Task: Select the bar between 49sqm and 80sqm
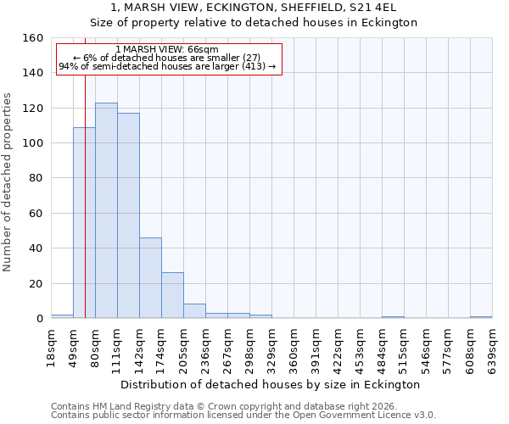tap(84, 222)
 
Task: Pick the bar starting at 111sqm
tap(128, 215)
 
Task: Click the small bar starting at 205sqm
tap(194, 311)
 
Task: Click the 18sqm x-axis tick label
tap(52, 347)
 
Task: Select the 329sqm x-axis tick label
tap(272, 347)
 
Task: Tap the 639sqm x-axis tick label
tap(493, 347)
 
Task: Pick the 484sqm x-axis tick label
tap(383, 347)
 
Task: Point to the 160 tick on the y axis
tap(33, 38)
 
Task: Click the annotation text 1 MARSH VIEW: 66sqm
tap(167, 49)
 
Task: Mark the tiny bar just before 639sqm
tap(481, 317)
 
